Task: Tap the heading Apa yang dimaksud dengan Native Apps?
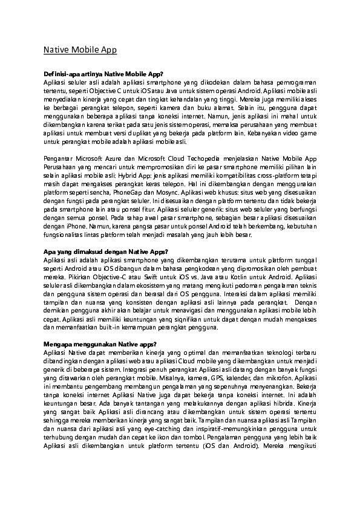[101, 250]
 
